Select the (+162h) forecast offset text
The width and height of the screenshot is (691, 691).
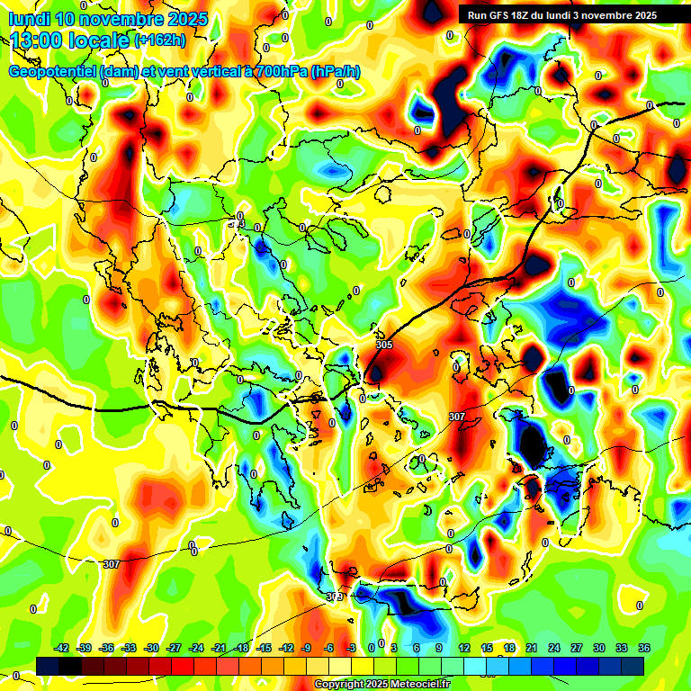pyautogui.click(x=160, y=40)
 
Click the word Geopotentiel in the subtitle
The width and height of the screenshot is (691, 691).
pyautogui.click(x=52, y=71)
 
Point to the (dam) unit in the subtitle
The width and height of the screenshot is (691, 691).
pyautogui.click(x=120, y=71)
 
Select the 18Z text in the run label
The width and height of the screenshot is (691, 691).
pyautogui.click(x=525, y=15)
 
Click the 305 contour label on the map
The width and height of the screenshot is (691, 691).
pyautogui.click(x=384, y=345)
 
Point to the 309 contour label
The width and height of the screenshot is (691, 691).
pyautogui.click(x=335, y=597)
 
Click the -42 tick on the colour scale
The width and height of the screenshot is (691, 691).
pyautogui.click(x=62, y=648)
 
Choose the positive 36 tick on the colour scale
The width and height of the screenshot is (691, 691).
pyautogui.click(x=644, y=648)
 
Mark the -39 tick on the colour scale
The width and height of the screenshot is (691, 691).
pyautogui.click(x=85, y=648)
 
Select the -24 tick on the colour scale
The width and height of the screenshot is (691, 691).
pyautogui.click(x=197, y=648)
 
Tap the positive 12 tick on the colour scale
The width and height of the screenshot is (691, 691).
pyautogui.click(x=464, y=648)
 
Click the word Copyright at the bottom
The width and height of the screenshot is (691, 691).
pyautogui.click(x=338, y=685)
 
